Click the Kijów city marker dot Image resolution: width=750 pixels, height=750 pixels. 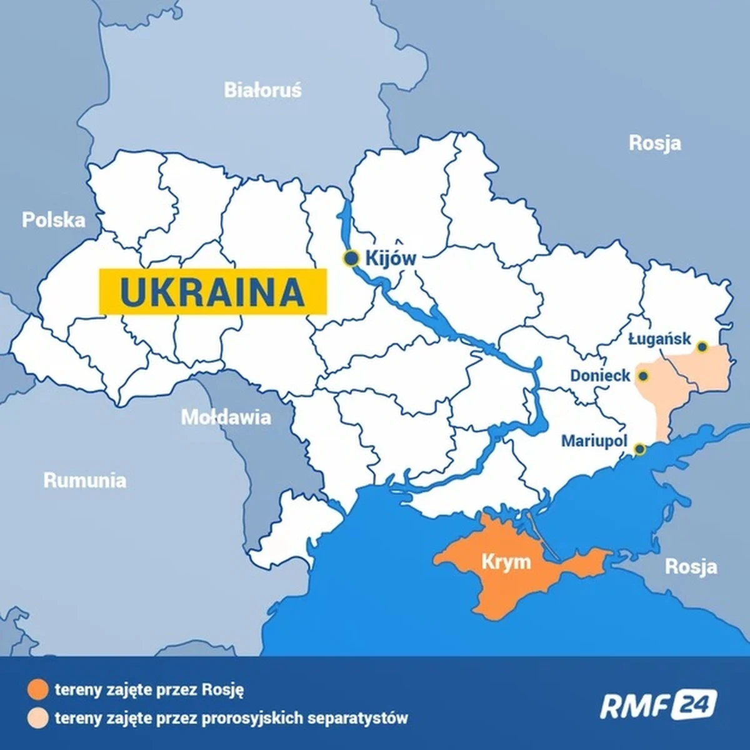click(x=351, y=258)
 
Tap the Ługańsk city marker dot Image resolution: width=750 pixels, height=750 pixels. click(x=702, y=346)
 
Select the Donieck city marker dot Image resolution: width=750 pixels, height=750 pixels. click(x=642, y=376)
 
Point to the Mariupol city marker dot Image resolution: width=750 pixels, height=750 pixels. click(x=639, y=449)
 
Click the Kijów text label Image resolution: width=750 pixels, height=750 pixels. click(x=391, y=258)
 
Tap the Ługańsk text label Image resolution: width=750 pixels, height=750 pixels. click(x=659, y=339)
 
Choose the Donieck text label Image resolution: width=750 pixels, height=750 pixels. click(x=600, y=376)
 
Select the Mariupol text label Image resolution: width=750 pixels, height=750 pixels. click(x=594, y=441)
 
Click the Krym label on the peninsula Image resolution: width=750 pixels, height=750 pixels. click(x=506, y=561)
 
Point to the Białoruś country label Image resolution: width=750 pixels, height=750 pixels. click(x=262, y=91)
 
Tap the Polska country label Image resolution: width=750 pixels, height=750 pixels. click(x=53, y=220)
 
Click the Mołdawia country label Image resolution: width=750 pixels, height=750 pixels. click(x=226, y=417)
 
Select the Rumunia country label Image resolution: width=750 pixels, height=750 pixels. click(x=84, y=480)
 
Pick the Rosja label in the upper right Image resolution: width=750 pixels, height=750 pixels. click(x=654, y=143)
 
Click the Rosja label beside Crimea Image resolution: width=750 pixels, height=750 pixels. click(x=691, y=567)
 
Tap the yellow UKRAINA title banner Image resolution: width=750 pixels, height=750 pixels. click(x=212, y=291)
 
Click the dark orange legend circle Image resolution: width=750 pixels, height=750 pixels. click(x=37, y=690)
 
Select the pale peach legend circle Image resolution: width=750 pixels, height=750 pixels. click(x=37, y=717)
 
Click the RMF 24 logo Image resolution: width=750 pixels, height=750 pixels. click(x=658, y=705)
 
